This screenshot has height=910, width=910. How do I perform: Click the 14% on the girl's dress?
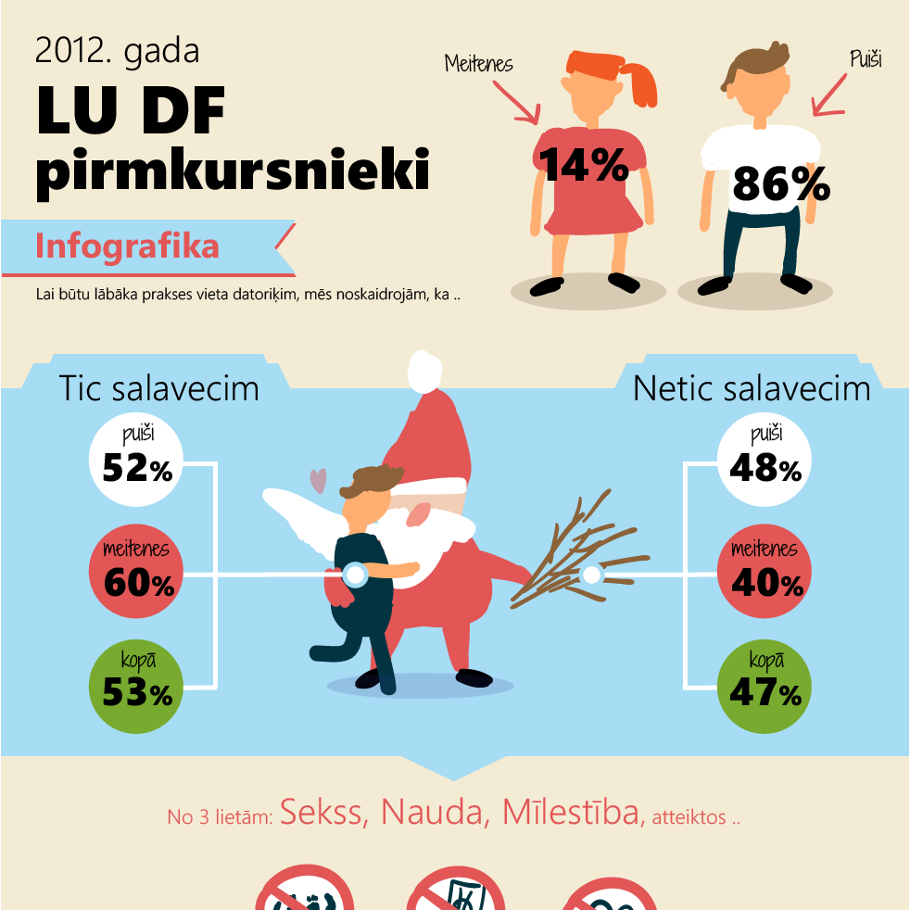pyautogui.click(x=585, y=164)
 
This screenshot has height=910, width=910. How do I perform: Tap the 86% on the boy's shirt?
pyautogui.click(x=780, y=183)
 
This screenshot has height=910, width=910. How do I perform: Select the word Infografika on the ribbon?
pyautogui.click(x=127, y=246)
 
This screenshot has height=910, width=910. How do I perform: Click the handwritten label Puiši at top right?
pyautogui.click(x=865, y=60)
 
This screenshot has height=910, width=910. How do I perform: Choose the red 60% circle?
pyautogui.click(x=137, y=575)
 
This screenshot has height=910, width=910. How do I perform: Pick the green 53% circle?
pyautogui.click(x=137, y=687)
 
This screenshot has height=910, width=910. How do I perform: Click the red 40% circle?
pyautogui.click(x=765, y=575)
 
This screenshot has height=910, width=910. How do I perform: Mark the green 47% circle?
pyautogui.click(x=765, y=687)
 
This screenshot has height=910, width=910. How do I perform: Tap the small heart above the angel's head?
pyautogui.click(x=318, y=480)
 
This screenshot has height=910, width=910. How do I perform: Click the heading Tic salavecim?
pyautogui.click(x=158, y=388)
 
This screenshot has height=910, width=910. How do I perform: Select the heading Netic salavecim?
pyautogui.click(x=752, y=388)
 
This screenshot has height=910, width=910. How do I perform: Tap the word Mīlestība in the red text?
pyautogui.click(x=571, y=812)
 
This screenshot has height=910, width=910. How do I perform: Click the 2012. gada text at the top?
pyautogui.click(x=117, y=51)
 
